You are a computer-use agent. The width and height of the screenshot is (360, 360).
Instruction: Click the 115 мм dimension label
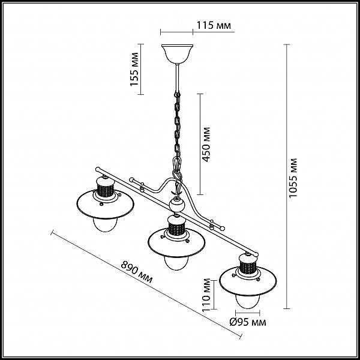pos(214,25)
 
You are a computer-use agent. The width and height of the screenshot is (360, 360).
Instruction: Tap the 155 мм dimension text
pos(134,70)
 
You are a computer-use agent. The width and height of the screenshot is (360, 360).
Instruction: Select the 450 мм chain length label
pos(206,145)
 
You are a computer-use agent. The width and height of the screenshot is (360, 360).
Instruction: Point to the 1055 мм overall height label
pos(293,178)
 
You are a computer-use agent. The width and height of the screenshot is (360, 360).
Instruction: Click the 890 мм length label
pos(137,272)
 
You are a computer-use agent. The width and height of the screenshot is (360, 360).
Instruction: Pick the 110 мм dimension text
pos(206,295)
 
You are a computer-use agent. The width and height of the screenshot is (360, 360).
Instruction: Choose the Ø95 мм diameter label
pos(248,322)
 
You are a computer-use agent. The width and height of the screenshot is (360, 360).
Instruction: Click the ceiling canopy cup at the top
pos(177,54)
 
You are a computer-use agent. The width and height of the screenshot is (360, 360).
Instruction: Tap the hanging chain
pos(177,125)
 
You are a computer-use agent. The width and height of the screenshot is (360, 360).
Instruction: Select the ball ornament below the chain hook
pos(176,205)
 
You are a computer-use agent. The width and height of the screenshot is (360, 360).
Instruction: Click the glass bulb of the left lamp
pos(105,224)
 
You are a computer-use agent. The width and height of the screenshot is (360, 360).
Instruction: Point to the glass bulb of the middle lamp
pos(176,263)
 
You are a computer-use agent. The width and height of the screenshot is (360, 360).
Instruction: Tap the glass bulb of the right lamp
pos(247,301)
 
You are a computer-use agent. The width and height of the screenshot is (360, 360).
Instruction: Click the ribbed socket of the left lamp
pos(105,190)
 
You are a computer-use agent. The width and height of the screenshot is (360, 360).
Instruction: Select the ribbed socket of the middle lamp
pos(176,229)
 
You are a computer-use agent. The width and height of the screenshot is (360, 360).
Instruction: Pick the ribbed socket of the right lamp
pos(247,267)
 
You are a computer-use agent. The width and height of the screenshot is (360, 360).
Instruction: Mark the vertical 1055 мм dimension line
pos(287,176)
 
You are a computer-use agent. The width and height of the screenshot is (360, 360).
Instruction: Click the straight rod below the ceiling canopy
pos(177,78)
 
